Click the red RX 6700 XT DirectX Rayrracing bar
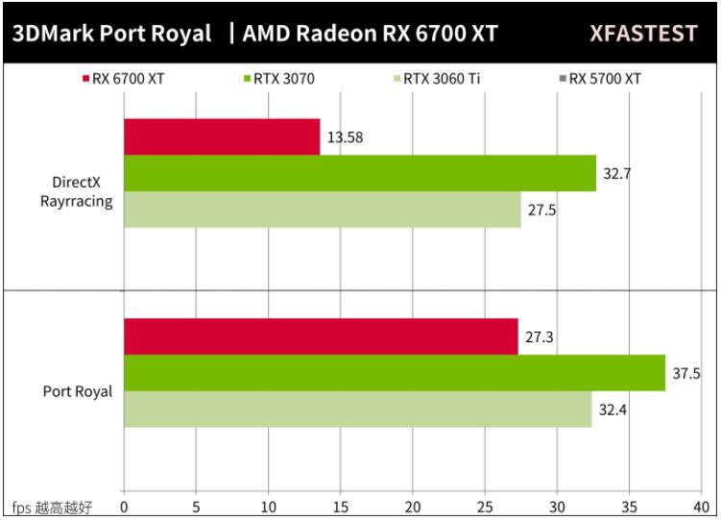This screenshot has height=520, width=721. [222, 136]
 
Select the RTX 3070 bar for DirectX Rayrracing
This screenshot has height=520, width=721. [360, 173]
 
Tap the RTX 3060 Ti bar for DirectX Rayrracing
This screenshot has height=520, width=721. [322, 210]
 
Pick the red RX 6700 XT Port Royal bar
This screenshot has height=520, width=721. [321, 336]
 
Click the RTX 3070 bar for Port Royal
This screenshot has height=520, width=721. [395, 373]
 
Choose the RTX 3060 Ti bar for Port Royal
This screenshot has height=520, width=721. [357, 409]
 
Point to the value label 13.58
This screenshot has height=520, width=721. [344, 137]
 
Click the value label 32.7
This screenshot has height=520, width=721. [616, 174]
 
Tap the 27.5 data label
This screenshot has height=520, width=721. [541, 210]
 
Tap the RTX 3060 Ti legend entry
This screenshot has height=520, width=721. [437, 79]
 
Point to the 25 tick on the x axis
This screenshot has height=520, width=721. [485, 507]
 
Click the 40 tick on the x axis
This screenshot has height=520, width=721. [701, 507]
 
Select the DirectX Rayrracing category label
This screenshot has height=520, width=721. [76, 191]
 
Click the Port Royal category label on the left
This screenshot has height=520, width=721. [77, 391]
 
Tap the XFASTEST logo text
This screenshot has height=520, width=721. [642, 34]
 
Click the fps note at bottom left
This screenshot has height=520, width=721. [52, 507]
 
